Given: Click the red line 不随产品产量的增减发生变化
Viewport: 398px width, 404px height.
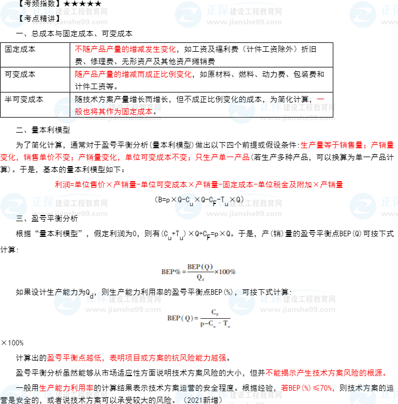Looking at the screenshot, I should [125, 49].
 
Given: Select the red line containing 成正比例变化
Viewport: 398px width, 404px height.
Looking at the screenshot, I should [133, 74].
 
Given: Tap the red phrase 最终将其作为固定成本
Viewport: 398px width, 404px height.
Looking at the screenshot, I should [114, 111].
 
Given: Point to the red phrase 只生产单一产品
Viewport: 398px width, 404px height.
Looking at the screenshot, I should [222, 157].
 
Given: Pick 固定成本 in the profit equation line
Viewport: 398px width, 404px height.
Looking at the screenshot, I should [237, 184].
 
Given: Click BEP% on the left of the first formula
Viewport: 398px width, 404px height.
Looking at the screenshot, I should [171, 272].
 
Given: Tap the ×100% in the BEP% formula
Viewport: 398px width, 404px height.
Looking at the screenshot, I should [225, 272].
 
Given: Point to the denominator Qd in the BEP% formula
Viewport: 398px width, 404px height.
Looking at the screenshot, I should [200, 278].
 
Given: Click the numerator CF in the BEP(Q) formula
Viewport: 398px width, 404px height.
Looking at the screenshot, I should [215, 312].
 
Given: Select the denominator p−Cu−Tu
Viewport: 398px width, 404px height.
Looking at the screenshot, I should [215, 324].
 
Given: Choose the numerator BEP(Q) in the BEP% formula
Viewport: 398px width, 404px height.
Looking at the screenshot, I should [200, 266].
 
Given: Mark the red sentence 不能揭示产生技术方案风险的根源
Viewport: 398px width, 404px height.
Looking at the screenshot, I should [326, 373].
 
